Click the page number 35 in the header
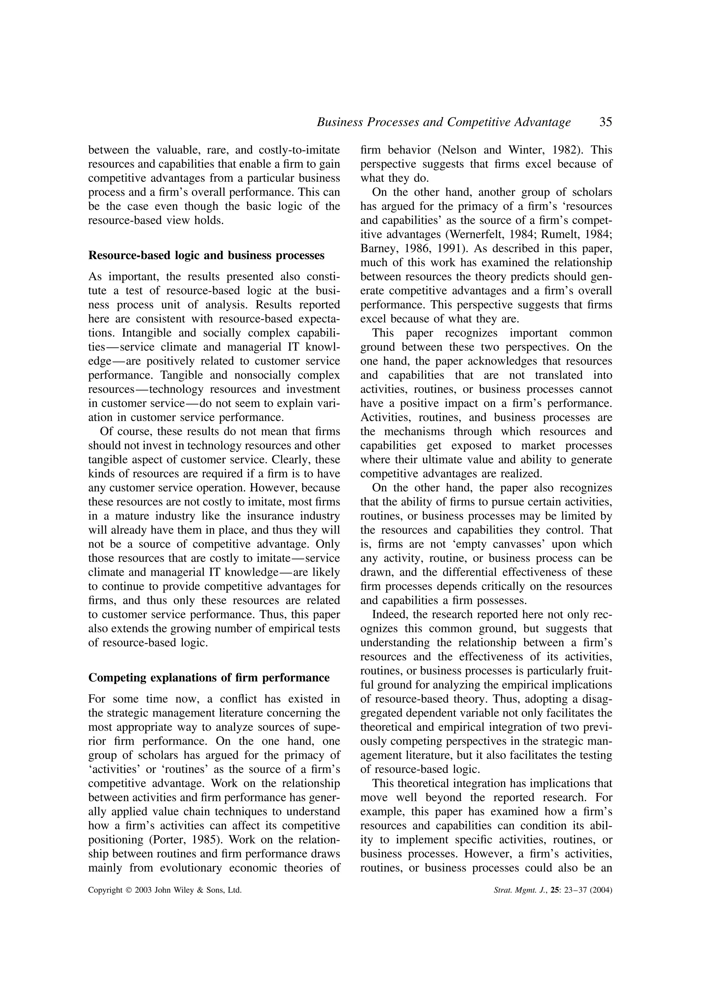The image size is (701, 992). coord(605,122)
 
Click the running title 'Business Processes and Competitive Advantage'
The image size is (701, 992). coord(444,122)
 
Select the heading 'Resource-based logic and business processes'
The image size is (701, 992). coord(206,255)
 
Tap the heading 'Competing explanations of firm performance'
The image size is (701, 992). coord(208,677)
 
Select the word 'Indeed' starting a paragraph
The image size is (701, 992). coord(386,614)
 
